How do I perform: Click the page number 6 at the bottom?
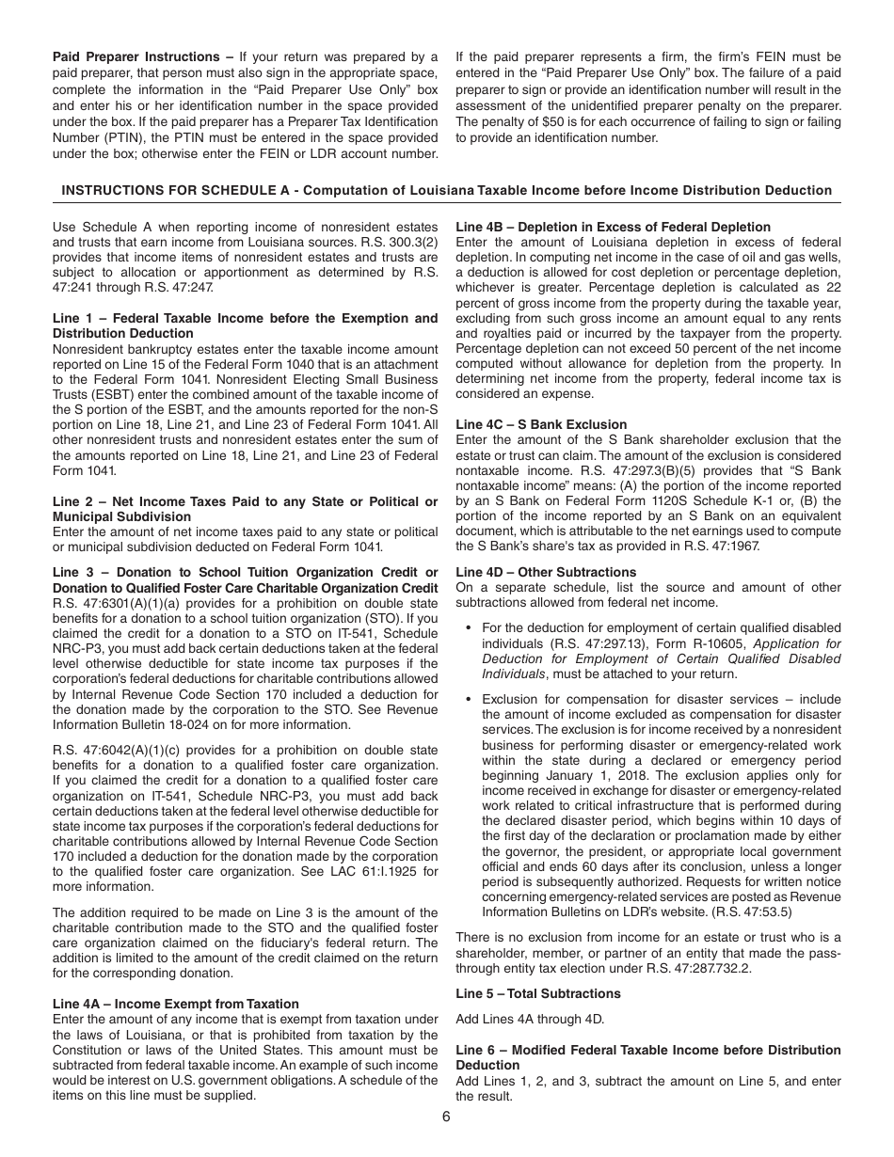[446, 1117]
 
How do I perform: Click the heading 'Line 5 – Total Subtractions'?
[538, 993]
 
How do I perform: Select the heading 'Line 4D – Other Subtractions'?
[546, 572]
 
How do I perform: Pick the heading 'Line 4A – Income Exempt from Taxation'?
[176, 1004]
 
